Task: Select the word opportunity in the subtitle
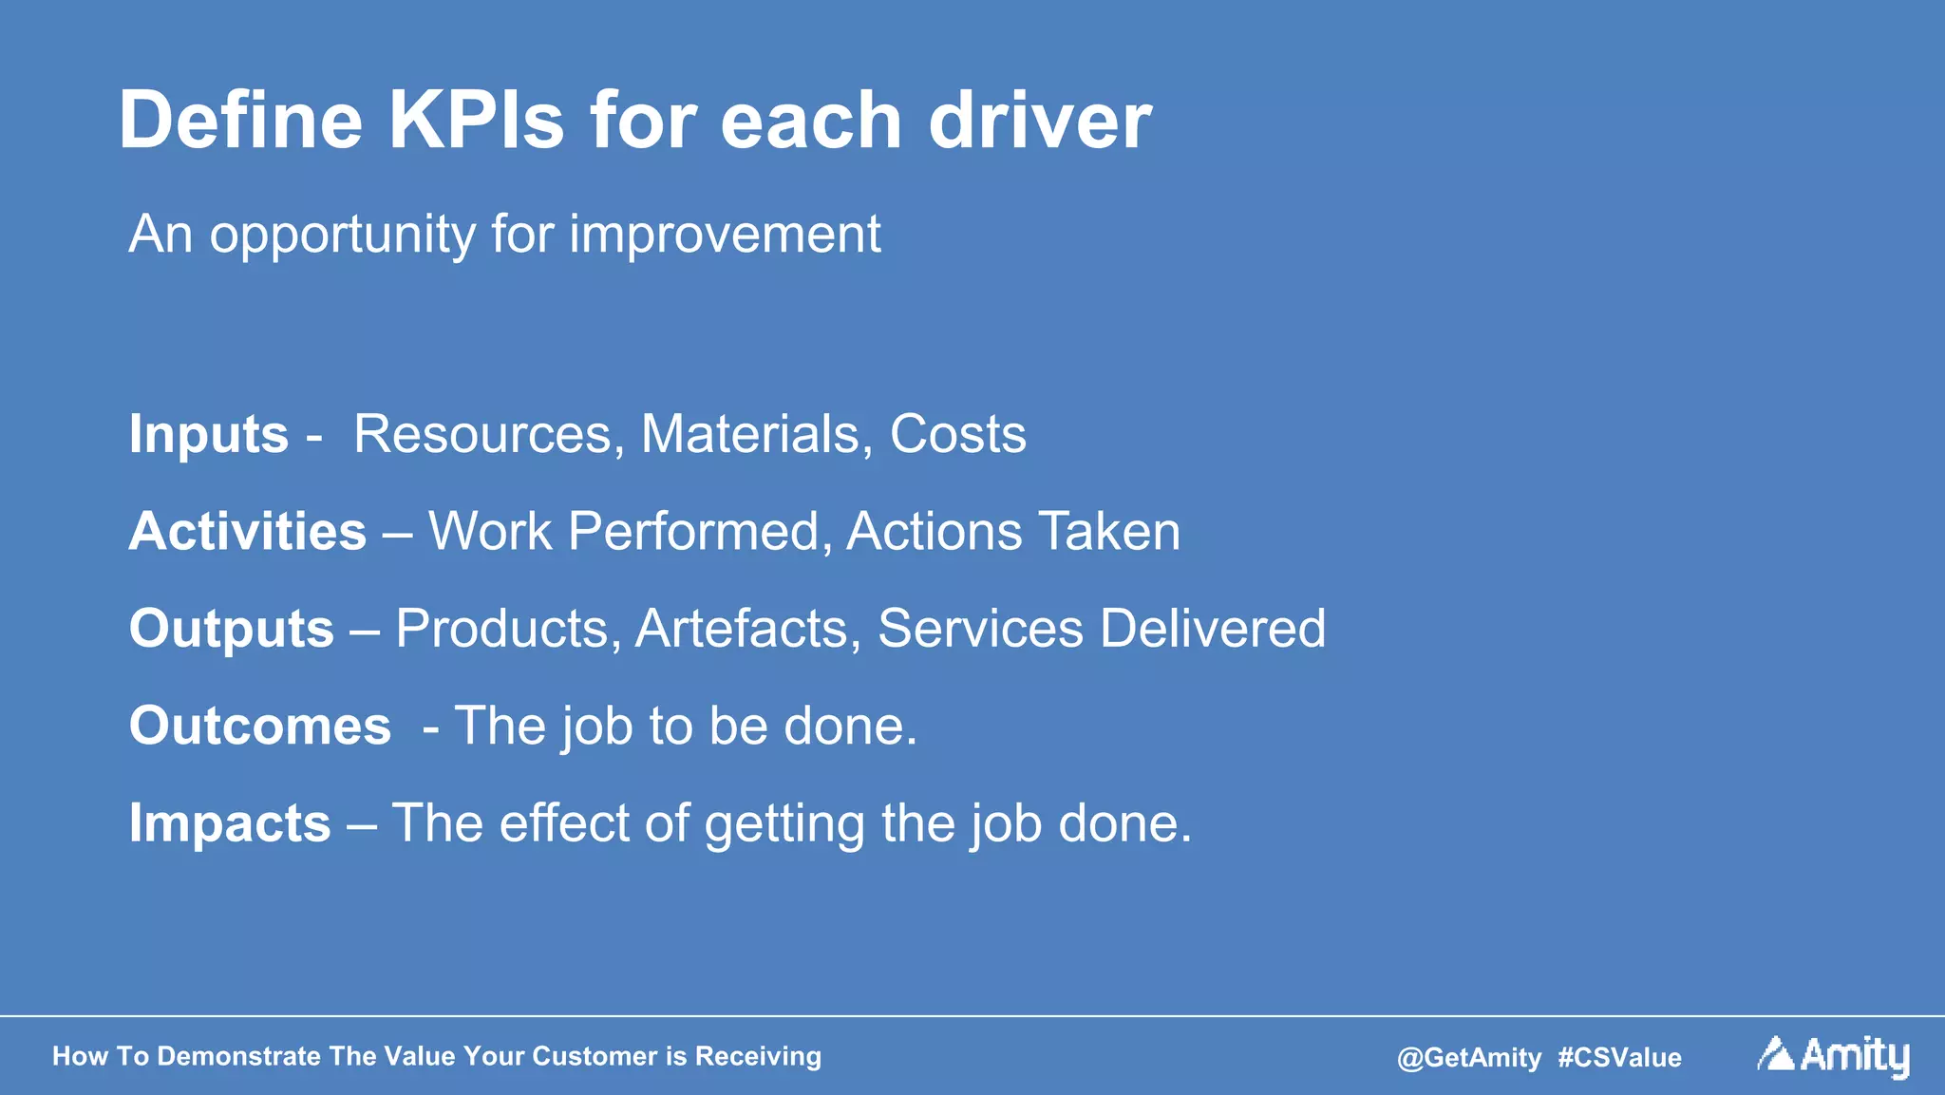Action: click(x=342, y=235)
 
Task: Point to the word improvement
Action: click(x=725, y=235)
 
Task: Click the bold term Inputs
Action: click(x=209, y=435)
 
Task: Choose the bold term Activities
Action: click(x=248, y=531)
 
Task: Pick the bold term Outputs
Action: click(x=232, y=629)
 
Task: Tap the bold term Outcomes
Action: click(x=260, y=726)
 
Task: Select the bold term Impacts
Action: click(x=230, y=822)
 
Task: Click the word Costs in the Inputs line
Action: click(x=957, y=435)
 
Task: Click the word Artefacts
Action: click(x=747, y=629)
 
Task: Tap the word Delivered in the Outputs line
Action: click(x=1212, y=629)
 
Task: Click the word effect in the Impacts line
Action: click(x=564, y=822)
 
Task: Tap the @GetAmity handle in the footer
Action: click(x=1469, y=1057)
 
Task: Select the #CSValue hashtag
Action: click(x=1619, y=1057)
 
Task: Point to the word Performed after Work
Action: click(x=693, y=531)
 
